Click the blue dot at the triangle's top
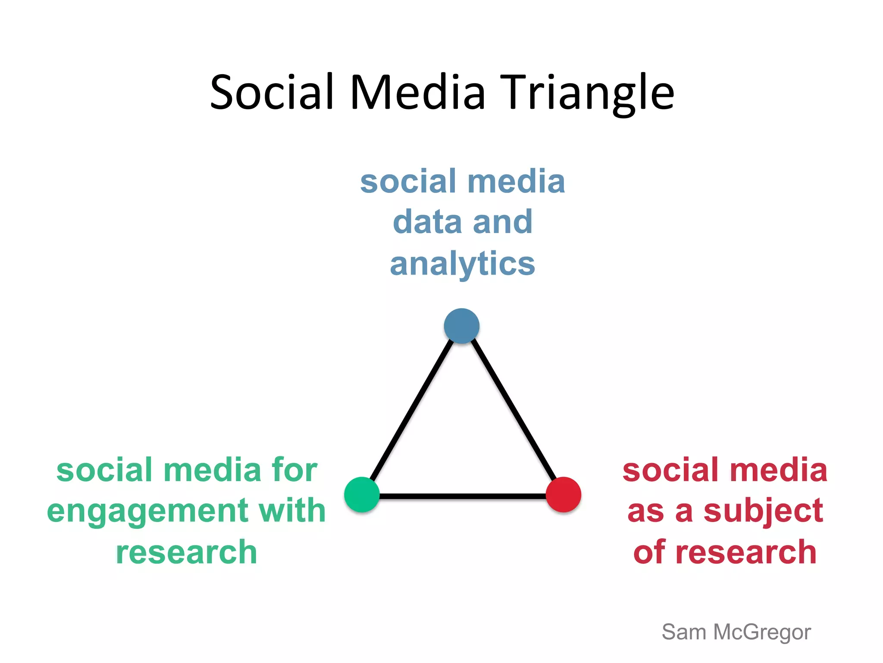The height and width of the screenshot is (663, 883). [x=461, y=326]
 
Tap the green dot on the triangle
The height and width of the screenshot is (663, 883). [x=362, y=495]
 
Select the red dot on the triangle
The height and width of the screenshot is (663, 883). [x=563, y=495]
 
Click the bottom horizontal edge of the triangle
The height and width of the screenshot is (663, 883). [x=462, y=496]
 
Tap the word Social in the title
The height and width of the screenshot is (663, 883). [x=272, y=93]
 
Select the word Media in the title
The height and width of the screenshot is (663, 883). [x=417, y=93]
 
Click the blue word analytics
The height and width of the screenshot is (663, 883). [x=462, y=264]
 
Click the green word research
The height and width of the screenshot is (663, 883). [x=186, y=552]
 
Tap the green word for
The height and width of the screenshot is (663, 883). [x=294, y=470]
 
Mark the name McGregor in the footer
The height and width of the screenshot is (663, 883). [x=762, y=633]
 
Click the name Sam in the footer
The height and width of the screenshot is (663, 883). [x=684, y=633]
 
